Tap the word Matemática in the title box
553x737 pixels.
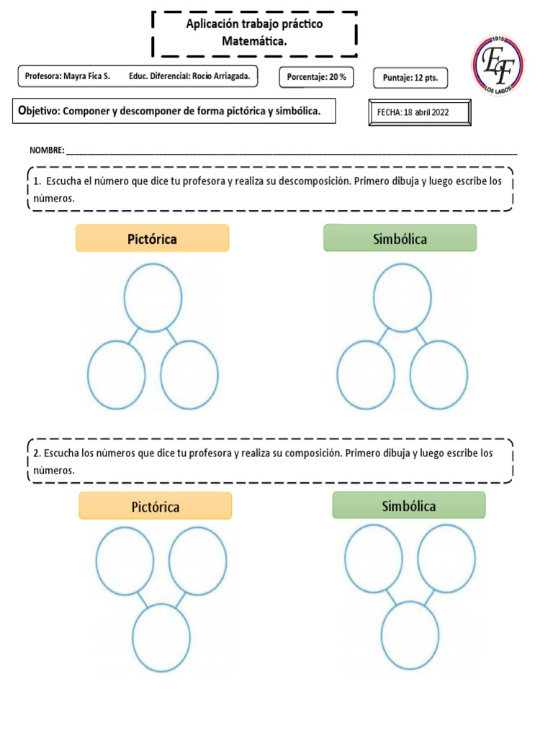point(254,42)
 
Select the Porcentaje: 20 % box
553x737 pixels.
point(317,76)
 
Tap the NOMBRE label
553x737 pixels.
point(47,150)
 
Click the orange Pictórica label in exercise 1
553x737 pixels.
point(153,238)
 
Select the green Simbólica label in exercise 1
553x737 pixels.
point(400,238)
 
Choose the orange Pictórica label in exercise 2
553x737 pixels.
point(156,506)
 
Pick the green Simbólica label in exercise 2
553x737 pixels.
point(409,505)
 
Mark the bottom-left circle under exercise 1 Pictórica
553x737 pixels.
point(117,375)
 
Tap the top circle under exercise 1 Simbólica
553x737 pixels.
point(403,297)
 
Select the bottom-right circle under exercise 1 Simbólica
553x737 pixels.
point(439,375)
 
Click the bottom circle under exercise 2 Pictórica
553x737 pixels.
point(161,638)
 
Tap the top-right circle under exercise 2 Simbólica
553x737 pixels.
point(446,558)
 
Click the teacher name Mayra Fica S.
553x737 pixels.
point(87,76)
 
